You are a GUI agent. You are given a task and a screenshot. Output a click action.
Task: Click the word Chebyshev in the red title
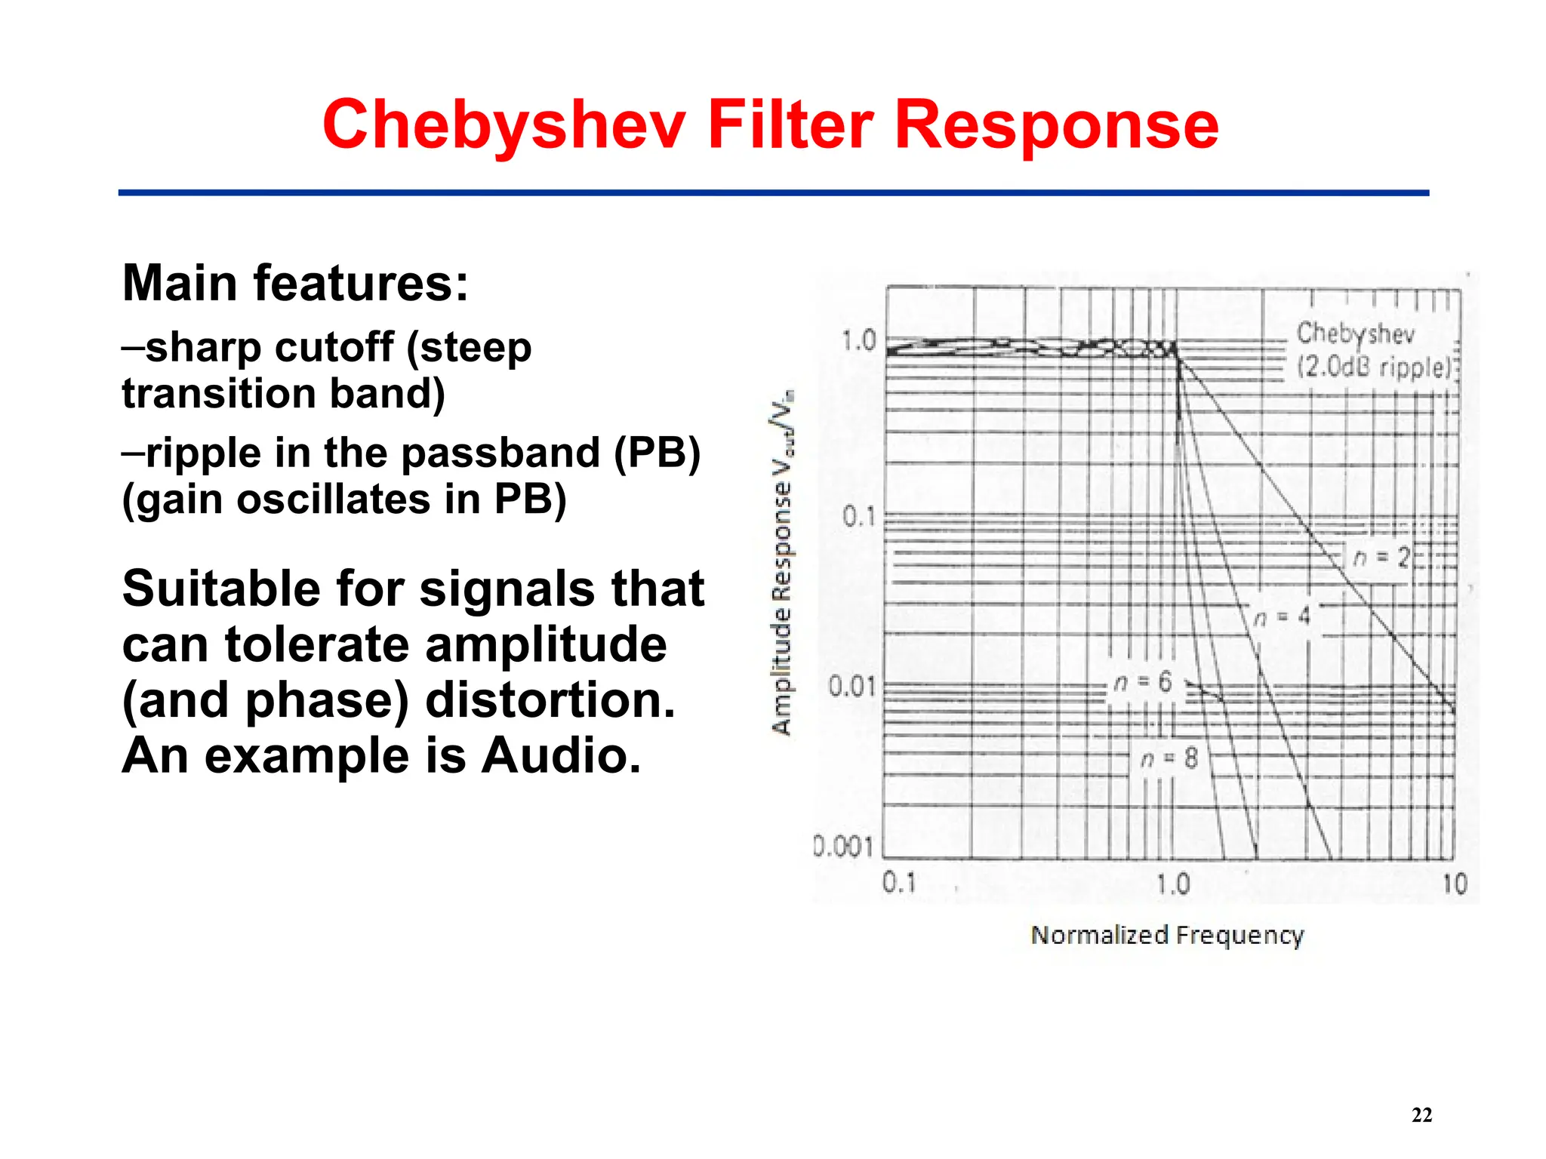504,125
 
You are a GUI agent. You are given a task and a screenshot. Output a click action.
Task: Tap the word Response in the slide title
1056,125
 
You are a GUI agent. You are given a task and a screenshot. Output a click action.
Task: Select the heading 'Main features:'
295,283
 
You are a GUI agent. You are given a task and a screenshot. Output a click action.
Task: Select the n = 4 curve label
1283,616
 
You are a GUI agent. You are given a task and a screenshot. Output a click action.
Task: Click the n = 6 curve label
1143,682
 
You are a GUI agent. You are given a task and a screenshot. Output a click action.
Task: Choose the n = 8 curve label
1169,758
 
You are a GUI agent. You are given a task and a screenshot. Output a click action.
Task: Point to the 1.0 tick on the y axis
859,340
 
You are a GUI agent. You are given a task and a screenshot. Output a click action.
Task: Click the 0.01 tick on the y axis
852,686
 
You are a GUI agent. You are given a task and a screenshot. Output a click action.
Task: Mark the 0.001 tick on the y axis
843,846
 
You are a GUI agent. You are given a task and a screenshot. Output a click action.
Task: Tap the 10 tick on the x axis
1455,884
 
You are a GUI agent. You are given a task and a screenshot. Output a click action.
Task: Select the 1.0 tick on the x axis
1173,884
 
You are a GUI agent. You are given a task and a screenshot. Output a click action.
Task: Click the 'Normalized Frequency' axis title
1167,935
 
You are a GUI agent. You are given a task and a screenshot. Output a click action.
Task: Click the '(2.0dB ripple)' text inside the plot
1374,367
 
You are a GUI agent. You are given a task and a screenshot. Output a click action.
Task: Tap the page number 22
1421,1114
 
